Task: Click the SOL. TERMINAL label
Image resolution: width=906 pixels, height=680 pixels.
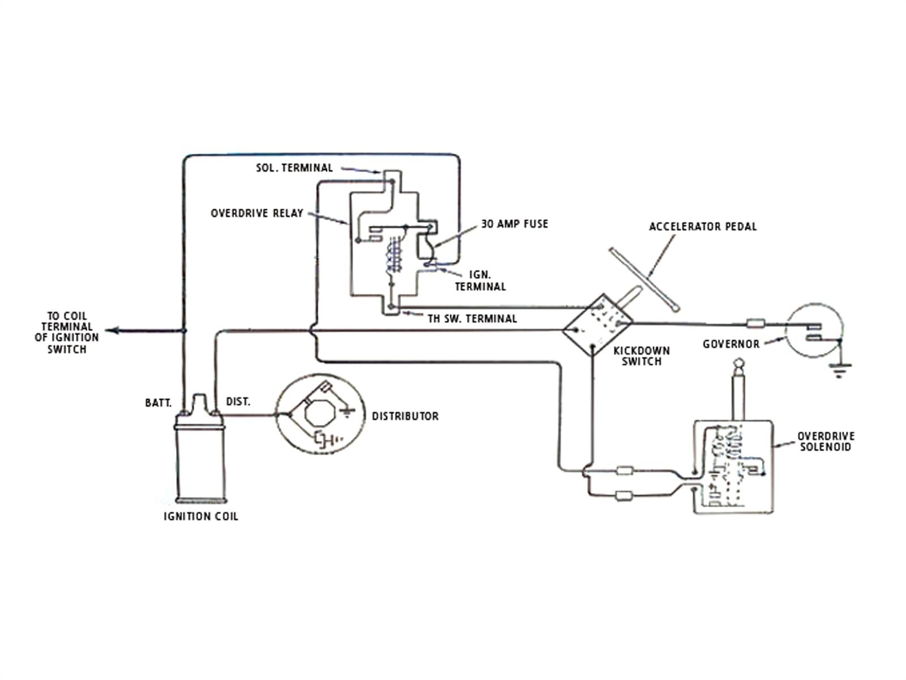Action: click(x=294, y=168)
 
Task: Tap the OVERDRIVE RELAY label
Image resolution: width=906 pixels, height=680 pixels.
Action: click(x=257, y=214)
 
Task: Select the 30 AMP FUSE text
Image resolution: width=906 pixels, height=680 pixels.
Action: click(x=514, y=224)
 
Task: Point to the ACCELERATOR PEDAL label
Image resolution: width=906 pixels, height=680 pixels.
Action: click(x=702, y=227)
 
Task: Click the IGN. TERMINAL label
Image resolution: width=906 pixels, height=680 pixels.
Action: click(x=480, y=280)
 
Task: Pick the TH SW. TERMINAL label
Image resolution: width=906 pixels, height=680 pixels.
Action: click(x=472, y=319)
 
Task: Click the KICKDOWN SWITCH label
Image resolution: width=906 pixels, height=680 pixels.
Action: click(x=641, y=356)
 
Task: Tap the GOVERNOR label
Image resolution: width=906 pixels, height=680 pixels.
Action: click(x=730, y=344)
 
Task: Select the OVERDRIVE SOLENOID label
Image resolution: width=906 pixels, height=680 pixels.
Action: click(x=826, y=441)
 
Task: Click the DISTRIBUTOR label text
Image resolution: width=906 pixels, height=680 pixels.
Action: click(x=405, y=416)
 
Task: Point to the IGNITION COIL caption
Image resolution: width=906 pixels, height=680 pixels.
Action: click(x=200, y=517)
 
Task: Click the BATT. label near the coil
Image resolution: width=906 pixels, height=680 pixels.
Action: click(x=158, y=403)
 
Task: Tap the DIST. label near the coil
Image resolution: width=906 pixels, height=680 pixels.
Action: click(x=238, y=402)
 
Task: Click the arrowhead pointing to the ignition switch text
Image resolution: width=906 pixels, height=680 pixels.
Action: click(x=111, y=330)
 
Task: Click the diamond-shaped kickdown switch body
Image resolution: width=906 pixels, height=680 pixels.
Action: click(x=597, y=325)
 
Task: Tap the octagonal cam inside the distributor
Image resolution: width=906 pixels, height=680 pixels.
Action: click(x=320, y=414)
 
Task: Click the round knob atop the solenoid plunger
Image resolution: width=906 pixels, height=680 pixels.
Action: click(x=738, y=363)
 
